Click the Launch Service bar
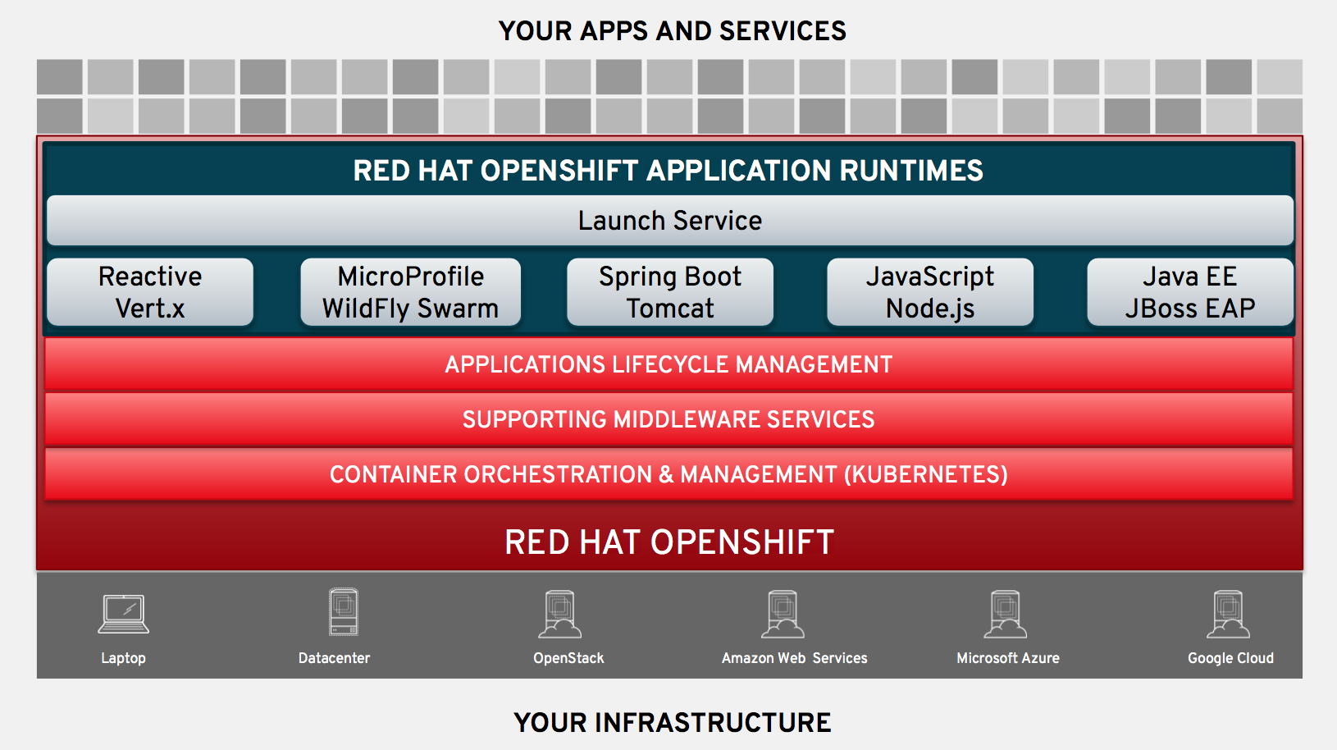click(x=669, y=220)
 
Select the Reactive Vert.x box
click(x=150, y=292)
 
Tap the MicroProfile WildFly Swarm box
click(x=410, y=292)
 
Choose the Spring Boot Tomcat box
click(x=669, y=292)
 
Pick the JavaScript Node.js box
click(x=929, y=292)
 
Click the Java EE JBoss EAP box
click(x=1189, y=292)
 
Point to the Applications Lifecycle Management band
click(x=668, y=364)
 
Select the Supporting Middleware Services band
click(x=668, y=419)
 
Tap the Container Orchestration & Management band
click(x=668, y=474)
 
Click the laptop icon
click(x=123, y=614)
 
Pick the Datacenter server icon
click(x=343, y=612)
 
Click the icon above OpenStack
click(x=560, y=615)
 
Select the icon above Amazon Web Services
click(x=783, y=615)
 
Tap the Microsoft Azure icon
click(x=1006, y=615)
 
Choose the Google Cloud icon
click(x=1228, y=615)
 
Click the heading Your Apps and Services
click(x=672, y=31)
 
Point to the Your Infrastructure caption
click(x=672, y=722)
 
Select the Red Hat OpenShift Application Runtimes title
click(x=668, y=171)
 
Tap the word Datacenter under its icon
click(x=334, y=658)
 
